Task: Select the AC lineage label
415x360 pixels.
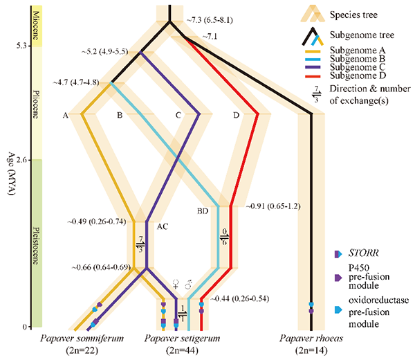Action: tap(163, 226)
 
